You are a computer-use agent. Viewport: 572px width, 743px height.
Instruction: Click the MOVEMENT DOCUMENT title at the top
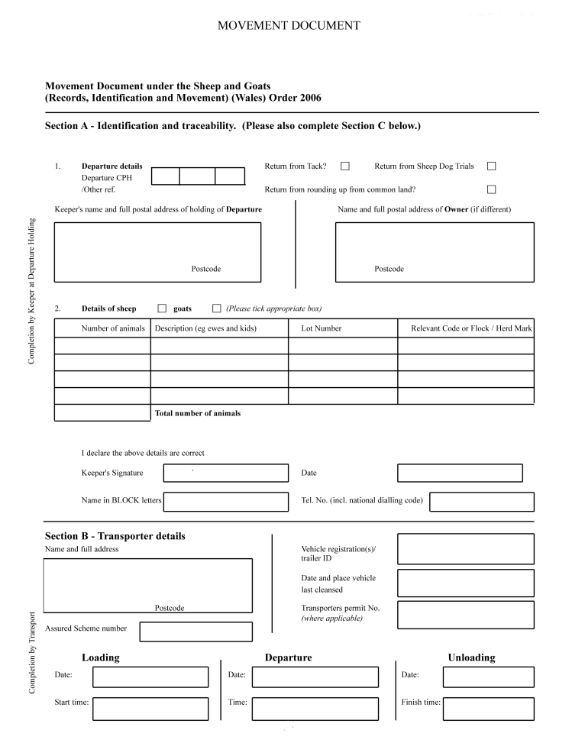(x=289, y=26)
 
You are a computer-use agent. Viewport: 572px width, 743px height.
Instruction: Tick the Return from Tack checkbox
(x=345, y=166)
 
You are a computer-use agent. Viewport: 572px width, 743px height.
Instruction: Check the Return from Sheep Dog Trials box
(x=491, y=166)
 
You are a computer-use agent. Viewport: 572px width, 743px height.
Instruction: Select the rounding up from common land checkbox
(x=491, y=189)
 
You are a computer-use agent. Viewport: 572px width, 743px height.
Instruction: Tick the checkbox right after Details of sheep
(x=162, y=309)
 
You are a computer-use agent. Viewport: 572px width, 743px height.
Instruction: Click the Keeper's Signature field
(x=226, y=473)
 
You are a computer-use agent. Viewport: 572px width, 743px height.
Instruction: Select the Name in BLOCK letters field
(x=226, y=502)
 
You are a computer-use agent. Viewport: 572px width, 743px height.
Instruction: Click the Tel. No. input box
(x=483, y=502)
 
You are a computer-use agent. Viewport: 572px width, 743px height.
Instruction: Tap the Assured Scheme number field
(x=196, y=632)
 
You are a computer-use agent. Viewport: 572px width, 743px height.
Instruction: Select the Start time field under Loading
(x=150, y=708)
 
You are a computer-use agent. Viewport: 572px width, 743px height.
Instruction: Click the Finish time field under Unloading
(x=488, y=708)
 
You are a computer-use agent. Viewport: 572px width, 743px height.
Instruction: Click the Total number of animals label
(x=198, y=413)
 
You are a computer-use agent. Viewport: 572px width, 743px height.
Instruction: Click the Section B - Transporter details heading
(x=115, y=536)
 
